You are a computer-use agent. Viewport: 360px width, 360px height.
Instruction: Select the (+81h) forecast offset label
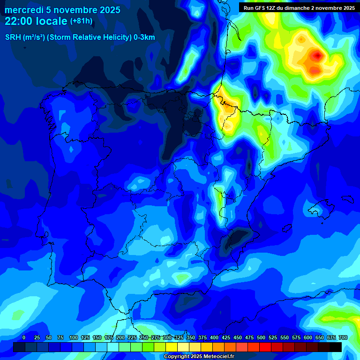[x=81, y=21]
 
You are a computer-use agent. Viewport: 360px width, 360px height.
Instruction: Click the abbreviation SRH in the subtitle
[x=14, y=37]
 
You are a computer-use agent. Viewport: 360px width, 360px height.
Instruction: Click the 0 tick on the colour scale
[x=24, y=337]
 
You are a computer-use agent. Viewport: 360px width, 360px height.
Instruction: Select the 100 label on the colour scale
[x=74, y=337]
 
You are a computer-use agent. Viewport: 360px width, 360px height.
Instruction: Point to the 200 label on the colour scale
[x=120, y=337]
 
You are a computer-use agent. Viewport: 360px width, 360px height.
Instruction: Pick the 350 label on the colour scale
[x=191, y=337]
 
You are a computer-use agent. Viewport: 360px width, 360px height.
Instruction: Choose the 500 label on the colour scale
[x=261, y=337]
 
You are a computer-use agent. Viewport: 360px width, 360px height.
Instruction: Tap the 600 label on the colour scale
[x=308, y=337]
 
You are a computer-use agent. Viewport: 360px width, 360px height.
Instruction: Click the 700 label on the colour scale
[x=343, y=337]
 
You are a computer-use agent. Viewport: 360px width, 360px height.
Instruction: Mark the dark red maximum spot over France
[x=318, y=56]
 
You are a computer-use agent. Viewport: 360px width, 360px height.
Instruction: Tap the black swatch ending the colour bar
[x=336, y=347]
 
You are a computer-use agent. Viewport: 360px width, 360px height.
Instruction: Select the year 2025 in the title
[x=109, y=10]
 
